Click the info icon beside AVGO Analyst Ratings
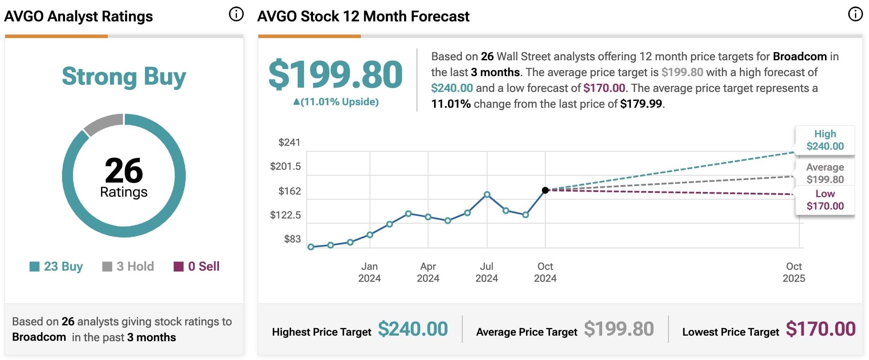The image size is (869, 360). [236, 15]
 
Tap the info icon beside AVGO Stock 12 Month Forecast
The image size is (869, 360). [855, 15]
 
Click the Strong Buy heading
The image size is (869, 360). [124, 77]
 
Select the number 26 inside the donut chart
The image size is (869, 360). [124, 170]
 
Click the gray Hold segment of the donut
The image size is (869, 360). [103, 123]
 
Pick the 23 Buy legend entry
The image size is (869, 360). [56, 266]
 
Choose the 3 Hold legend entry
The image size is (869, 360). [128, 266]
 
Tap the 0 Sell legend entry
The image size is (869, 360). [197, 266]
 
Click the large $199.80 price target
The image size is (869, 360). [336, 75]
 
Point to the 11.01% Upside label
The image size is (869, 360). [336, 102]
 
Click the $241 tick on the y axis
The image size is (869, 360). [289, 142]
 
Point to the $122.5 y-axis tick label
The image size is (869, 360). [285, 215]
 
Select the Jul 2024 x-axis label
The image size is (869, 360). [487, 272]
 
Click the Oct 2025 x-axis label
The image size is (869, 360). [794, 272]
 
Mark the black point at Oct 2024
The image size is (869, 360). [545, 190]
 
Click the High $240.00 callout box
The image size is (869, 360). [825, 140]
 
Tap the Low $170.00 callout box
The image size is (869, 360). [825, 200]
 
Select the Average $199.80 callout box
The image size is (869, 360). [825, 173]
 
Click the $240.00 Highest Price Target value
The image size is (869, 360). [413, 329]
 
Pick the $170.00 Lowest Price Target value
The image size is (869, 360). [820, 329]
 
